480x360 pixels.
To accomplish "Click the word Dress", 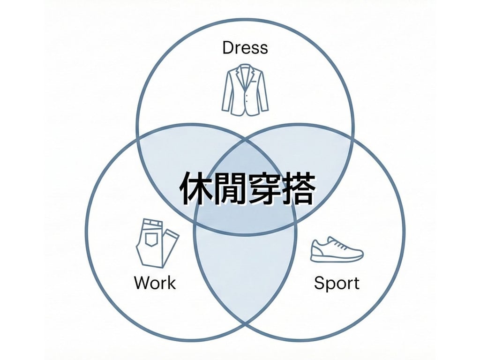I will point(245,48).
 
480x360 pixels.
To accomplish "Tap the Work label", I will point(155,283).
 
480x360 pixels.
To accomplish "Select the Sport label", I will point(337,283).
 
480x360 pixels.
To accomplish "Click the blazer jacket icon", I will point(245,90).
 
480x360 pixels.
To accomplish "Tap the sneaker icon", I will point(337,249).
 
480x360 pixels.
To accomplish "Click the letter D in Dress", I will point(228,48).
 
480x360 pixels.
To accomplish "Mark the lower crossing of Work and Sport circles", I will point(245,323).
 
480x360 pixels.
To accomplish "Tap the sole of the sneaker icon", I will point(337,258).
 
